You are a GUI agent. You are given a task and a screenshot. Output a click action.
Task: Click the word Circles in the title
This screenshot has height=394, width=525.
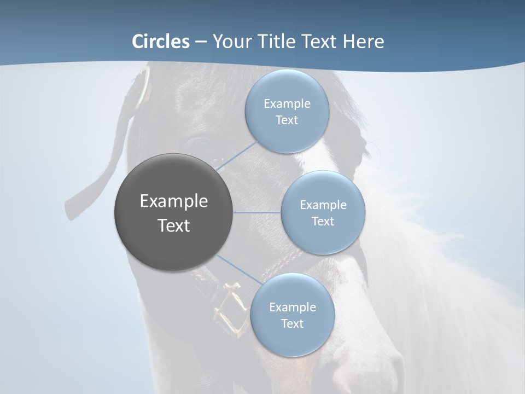161,42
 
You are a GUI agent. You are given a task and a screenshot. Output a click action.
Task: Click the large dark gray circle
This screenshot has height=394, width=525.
174,212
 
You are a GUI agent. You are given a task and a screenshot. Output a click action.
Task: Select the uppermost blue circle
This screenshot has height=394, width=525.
287,112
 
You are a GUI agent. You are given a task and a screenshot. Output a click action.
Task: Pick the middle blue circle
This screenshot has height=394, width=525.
323,212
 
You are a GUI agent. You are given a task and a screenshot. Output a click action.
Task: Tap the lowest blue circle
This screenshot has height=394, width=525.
292,315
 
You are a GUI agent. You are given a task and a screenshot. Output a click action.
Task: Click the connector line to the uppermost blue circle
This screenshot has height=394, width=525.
236,155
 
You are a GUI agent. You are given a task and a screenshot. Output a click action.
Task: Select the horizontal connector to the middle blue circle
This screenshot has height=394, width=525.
257,212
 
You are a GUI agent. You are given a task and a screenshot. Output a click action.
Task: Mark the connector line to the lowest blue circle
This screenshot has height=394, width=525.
240,270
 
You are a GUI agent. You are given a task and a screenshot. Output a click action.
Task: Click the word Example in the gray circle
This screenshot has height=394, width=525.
174,201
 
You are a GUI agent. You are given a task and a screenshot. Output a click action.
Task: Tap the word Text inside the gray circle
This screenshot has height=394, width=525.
174,225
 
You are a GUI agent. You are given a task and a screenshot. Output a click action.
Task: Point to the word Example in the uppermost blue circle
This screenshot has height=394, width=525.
287,103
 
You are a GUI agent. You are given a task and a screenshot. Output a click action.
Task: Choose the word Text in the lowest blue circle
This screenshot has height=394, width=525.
292,323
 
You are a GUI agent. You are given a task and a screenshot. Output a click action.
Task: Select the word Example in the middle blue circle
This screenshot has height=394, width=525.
323,205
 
